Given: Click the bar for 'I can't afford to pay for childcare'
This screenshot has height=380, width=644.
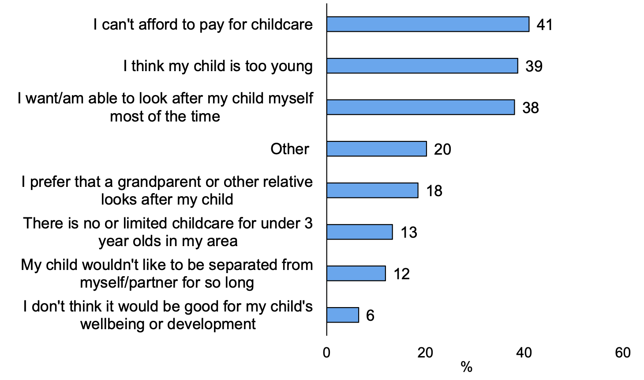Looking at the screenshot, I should [428, 24].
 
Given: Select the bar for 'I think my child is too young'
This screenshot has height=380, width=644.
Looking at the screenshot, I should [422, 66].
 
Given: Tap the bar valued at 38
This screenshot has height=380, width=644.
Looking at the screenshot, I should [420, 107].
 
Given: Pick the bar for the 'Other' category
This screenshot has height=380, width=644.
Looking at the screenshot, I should [377, 149].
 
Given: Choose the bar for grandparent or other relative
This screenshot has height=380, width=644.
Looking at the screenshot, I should [372, 190].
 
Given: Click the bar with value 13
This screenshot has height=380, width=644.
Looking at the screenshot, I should [359, 232].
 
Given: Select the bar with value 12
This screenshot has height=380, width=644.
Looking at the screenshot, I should [356, 274].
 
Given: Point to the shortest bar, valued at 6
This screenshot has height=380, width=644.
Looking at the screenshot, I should [343, 315].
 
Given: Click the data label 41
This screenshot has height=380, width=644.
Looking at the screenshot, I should [544, 25].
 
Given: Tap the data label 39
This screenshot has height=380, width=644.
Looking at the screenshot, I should [534, 66].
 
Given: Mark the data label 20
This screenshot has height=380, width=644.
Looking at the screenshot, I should [442, 149].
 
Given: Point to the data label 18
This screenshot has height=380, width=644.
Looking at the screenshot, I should [434, 191].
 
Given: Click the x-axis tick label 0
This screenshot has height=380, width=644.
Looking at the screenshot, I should [326, 353].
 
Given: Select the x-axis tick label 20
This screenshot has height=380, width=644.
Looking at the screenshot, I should [425, 353].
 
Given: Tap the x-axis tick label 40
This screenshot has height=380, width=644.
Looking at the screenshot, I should [524, 353].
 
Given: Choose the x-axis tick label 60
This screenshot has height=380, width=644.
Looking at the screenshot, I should [623, 353].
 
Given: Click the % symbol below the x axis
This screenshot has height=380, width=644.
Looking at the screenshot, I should [466, 367].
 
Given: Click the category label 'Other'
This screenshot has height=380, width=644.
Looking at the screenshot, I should [290, 149].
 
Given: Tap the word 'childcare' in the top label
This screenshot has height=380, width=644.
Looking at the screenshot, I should [281, 24].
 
